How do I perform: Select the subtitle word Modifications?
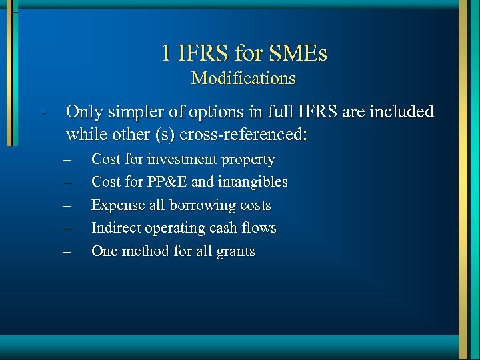pyautogui.click(x=243, y=78)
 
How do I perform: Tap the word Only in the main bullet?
pyautogui.click(x=85, y=111)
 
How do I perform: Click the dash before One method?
pyautogui.click(x=68, y=251)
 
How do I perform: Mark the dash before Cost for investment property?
pyautogui.click(x=68, y=160)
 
